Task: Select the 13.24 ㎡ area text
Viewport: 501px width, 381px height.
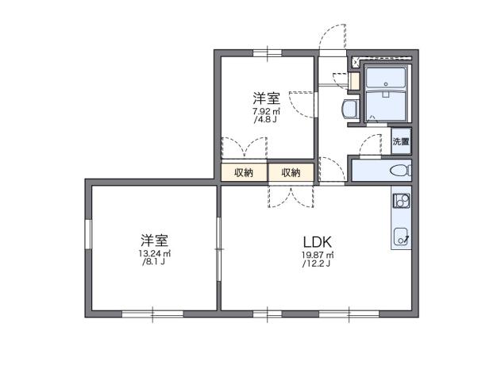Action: click(x=154, y=254)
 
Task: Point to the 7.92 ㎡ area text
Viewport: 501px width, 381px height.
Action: click(x=266, y=112)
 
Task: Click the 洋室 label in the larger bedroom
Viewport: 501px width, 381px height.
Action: click(x=154, y=240)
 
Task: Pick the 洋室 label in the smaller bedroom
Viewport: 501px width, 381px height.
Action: click(x=266, y=98)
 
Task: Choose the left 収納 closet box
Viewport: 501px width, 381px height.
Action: click(x=244, y=172)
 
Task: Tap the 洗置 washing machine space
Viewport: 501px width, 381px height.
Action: click(x=401, y=142)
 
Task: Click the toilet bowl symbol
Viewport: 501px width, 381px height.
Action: click(x=400, y=170)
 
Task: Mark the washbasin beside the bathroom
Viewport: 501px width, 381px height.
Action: click(x=347, y=109)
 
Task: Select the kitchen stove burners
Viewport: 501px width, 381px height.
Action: click(x=401, y=199)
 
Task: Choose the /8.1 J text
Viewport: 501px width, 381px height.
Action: click(x=154, y=263)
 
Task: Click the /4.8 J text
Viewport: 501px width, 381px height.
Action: click(x=266, y=121)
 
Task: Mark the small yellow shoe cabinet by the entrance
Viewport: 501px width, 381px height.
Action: click(x=354, y=81)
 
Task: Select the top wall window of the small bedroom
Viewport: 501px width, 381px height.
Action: click(x=268, y=52)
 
